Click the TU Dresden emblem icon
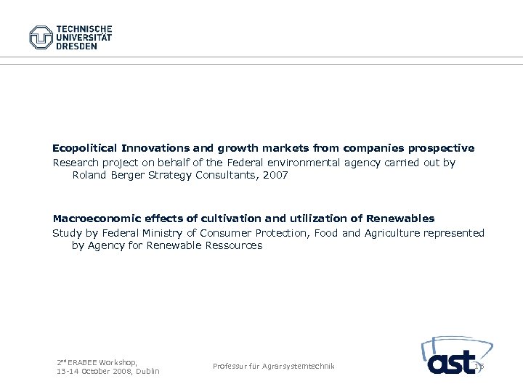[41, 37]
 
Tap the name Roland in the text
[89, 175]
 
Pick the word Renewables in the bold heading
[400, 218]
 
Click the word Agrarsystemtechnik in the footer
[299, 367]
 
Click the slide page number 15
[479, 367]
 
